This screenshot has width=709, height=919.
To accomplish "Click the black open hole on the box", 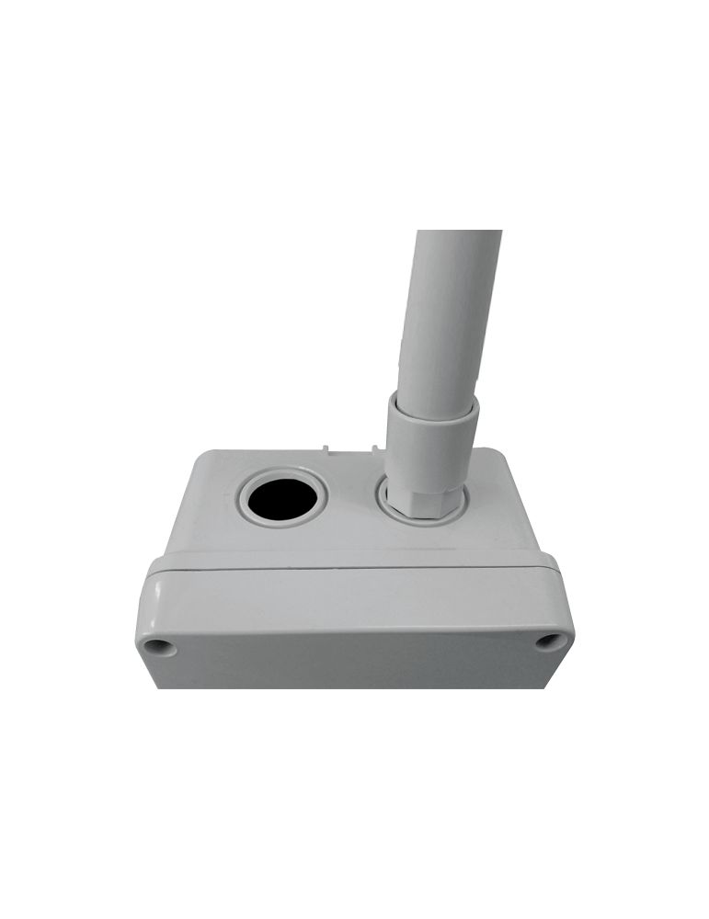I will coord(283,502).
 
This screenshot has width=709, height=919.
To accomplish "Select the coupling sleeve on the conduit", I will coord(430,441).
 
